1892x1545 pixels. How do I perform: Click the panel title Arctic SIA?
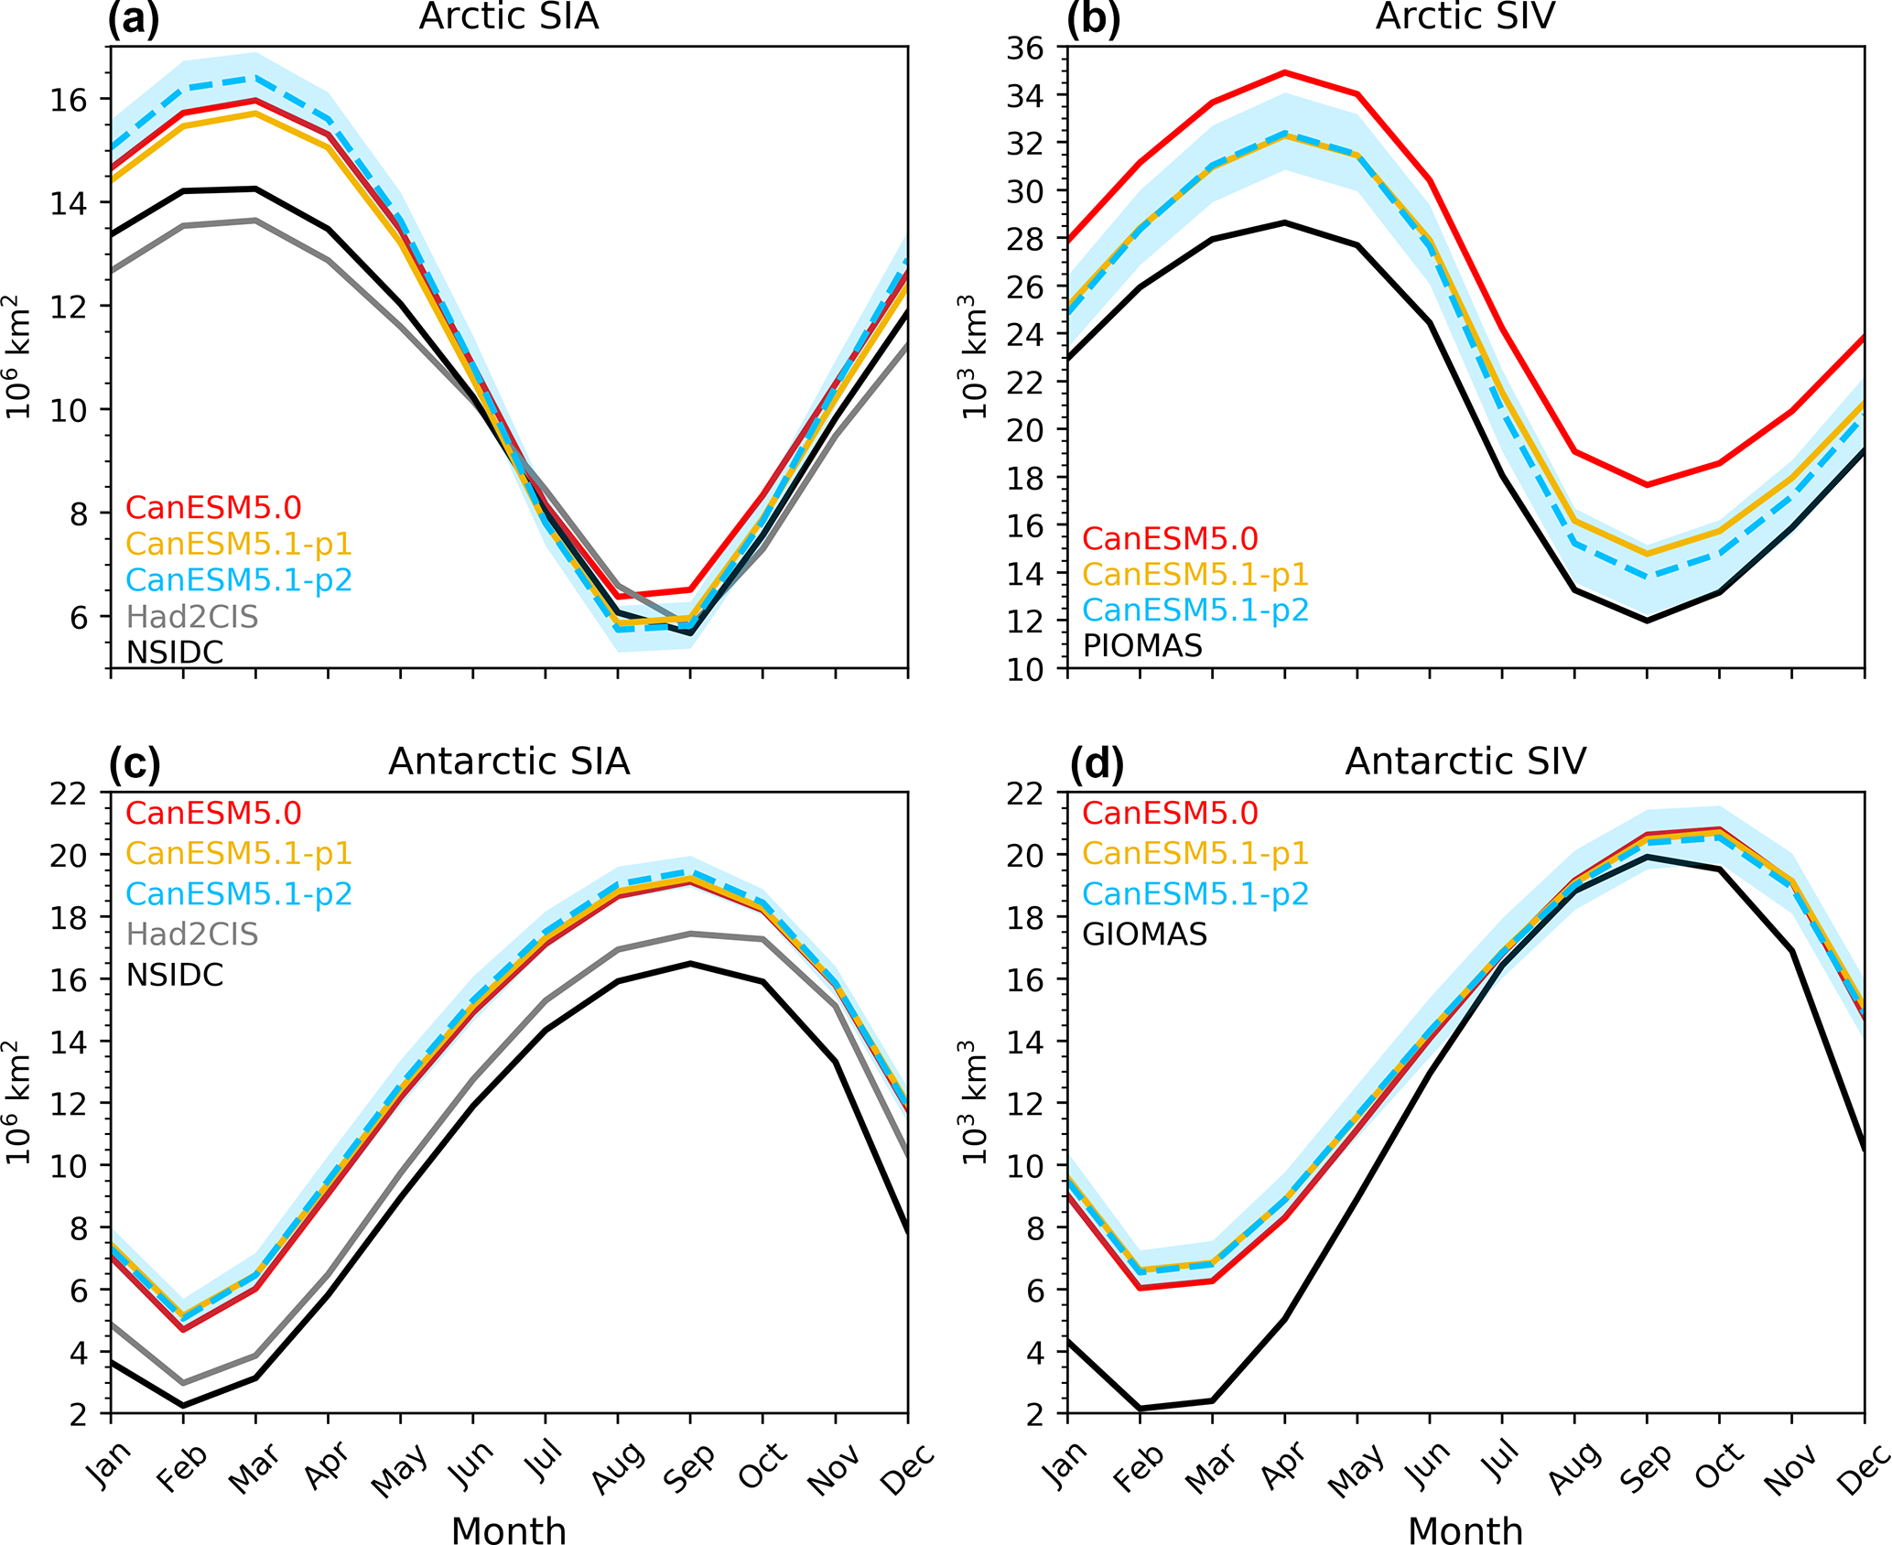click(509, 16)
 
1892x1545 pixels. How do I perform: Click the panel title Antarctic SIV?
click(1465, 762)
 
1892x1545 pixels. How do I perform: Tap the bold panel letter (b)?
click(1093, 18)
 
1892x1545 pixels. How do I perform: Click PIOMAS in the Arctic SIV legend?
click(1142, 646)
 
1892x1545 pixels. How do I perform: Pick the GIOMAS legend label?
click(1145, 935)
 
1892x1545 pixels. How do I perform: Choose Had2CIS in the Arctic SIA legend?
click(192, 617)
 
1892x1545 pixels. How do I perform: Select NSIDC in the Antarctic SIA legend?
click(175, 975)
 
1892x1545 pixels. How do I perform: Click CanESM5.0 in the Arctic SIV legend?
click(1170, 539)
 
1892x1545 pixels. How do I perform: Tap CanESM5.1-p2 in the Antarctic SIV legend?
click(1195, 894)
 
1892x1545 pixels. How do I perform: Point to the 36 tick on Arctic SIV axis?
click(1025, 48)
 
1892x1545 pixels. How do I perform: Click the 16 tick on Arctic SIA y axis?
click(69, 100)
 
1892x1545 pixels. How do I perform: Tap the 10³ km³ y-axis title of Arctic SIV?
click(974, 357)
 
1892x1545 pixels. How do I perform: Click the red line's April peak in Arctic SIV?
click(1285, 71)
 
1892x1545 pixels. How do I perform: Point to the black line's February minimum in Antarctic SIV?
click(1141, 1409)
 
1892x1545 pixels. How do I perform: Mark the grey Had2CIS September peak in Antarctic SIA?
click(690, 934)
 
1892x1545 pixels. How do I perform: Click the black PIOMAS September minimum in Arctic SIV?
click(1647, 621)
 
